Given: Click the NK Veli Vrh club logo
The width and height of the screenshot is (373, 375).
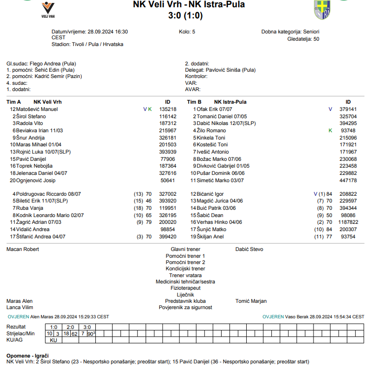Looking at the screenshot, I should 48,10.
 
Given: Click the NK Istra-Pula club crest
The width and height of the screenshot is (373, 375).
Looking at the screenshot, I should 320,10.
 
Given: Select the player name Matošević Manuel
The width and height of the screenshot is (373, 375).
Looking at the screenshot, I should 37,109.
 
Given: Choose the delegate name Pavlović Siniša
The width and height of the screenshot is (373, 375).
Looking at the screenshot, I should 224,70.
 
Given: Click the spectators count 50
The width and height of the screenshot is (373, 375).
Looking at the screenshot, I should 316,39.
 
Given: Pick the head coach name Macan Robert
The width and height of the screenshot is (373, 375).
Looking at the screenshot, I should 23,249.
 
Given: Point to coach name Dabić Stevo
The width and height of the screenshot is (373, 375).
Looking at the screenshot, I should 249,249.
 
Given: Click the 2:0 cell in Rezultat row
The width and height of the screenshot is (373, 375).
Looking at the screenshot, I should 71,327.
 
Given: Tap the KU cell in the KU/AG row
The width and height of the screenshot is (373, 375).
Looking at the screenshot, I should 54,340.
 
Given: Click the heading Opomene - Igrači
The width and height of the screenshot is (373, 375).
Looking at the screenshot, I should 27,355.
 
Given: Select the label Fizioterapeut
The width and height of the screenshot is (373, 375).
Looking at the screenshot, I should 185,288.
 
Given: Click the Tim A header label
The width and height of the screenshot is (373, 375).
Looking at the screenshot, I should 14,102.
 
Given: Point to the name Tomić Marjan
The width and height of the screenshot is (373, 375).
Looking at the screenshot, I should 251,301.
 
